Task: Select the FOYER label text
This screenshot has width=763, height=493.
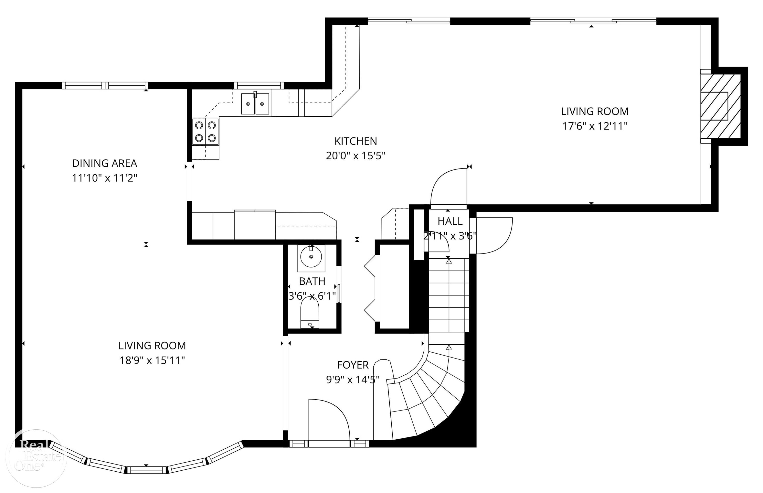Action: [353, 365]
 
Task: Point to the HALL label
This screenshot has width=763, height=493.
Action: [450, 221]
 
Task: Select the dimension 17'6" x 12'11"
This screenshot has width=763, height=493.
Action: [595, 126]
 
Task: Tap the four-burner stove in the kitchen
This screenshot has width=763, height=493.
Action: [206, 132]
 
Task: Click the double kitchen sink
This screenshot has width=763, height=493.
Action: [255, 103]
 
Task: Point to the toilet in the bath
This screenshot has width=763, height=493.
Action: [310, 313]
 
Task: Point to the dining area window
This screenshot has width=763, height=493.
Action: [105, 86]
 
